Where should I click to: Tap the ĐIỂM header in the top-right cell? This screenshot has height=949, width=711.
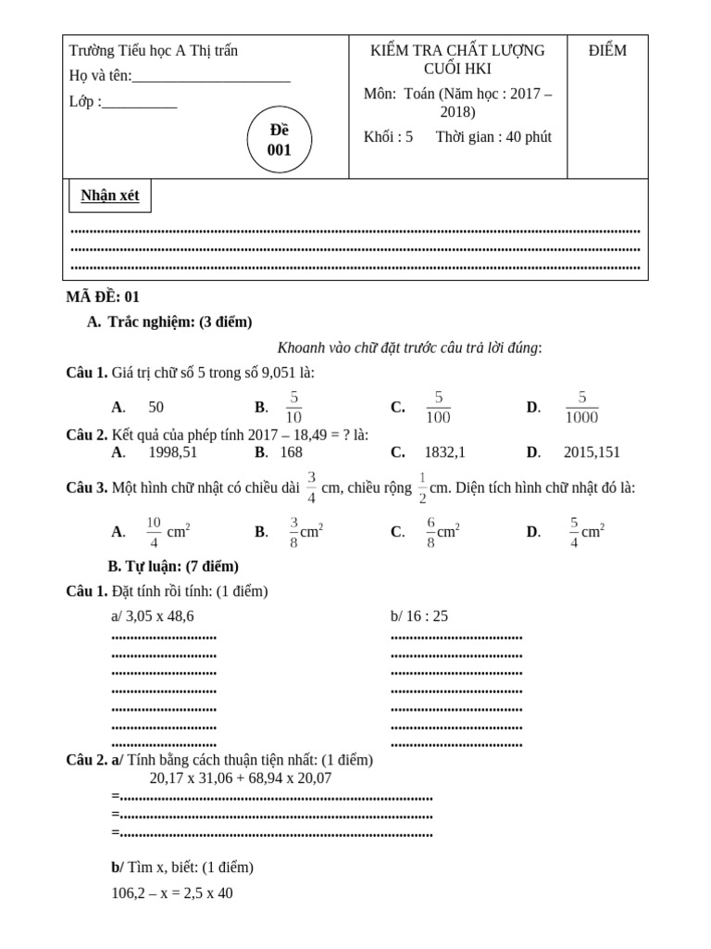[x=607, y=51]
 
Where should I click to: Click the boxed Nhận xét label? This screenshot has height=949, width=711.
[x=109, y=196]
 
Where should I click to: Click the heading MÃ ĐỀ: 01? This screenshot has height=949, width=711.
[x=103, y=297]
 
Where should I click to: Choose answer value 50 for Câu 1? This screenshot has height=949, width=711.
[x=156, y=407]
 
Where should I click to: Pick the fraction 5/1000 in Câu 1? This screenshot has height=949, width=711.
[x=582, y=407]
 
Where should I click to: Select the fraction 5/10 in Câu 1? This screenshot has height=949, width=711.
[x=293, y=407]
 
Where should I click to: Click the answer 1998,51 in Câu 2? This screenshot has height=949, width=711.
[x=173, y=452]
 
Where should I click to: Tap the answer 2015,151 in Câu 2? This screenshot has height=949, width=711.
[x=592, y=452]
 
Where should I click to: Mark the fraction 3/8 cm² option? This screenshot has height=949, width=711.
[x=306, y=532]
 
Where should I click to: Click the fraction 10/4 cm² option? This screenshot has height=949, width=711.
[x=168, y=532]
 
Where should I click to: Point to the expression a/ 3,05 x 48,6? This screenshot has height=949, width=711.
[x=153, y=616]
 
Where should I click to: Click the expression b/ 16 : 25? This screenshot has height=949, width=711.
[x=419, y=616]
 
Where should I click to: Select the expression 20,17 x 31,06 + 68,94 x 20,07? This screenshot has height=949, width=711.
[x=241, y=778]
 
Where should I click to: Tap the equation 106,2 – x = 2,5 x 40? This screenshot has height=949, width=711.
[x=172, y=893]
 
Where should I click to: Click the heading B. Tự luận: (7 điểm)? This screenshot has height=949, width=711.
[x=173, y=565]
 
